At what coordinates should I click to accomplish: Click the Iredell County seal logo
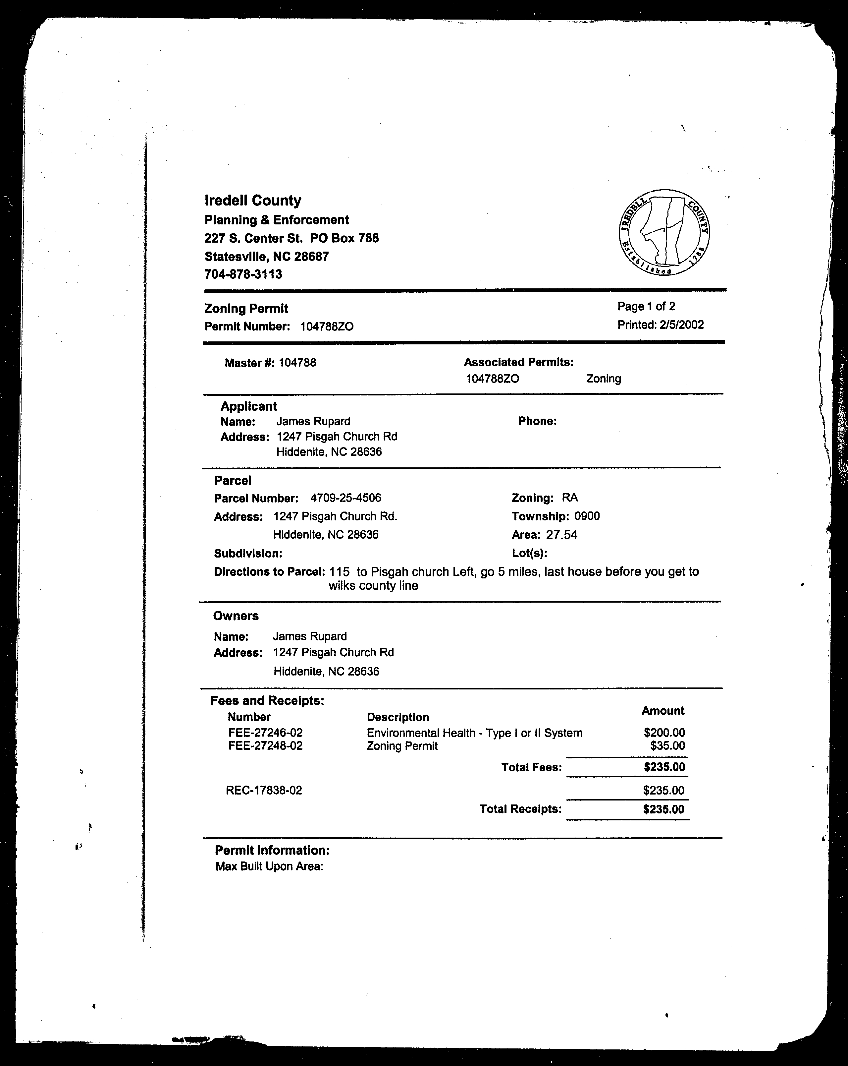click(x=664, y=232)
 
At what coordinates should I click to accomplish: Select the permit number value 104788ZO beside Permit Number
click(x=327, y=326)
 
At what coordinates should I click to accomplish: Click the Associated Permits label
click(x=518, y=362)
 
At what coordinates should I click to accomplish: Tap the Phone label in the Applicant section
click(x=537, y=421)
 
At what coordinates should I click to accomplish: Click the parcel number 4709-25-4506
click(x=345, y=498)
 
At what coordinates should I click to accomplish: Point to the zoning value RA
click(x=570, y=498)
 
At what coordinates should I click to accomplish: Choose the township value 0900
click(x=587, y=516)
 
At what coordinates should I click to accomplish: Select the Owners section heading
click(x=236, y=616)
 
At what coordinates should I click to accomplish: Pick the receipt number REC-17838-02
click(x=264, y=790)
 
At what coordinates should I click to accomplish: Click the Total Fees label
click(x=531, y=767)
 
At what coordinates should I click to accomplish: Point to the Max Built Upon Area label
click(x=269, y=866)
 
